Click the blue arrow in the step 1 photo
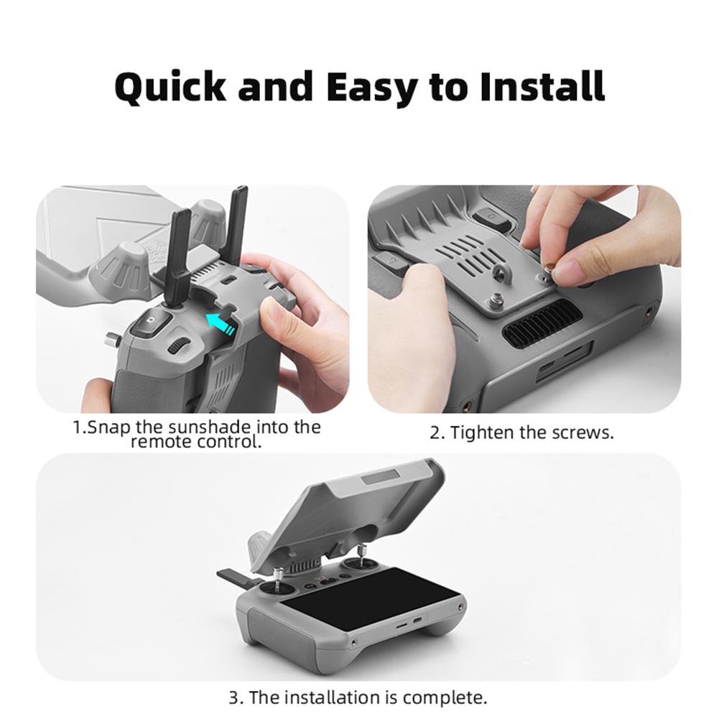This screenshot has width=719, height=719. point(221,322)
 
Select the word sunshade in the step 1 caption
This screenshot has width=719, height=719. point(190,427)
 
